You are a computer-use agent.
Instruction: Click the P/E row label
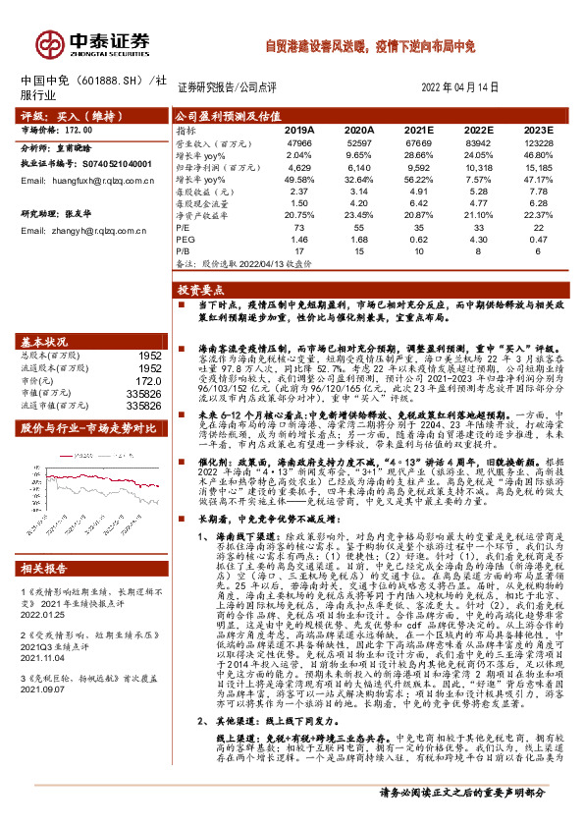[184, 226]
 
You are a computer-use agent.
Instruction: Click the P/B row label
[184, 251]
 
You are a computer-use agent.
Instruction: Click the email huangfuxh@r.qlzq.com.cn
[91, 182]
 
